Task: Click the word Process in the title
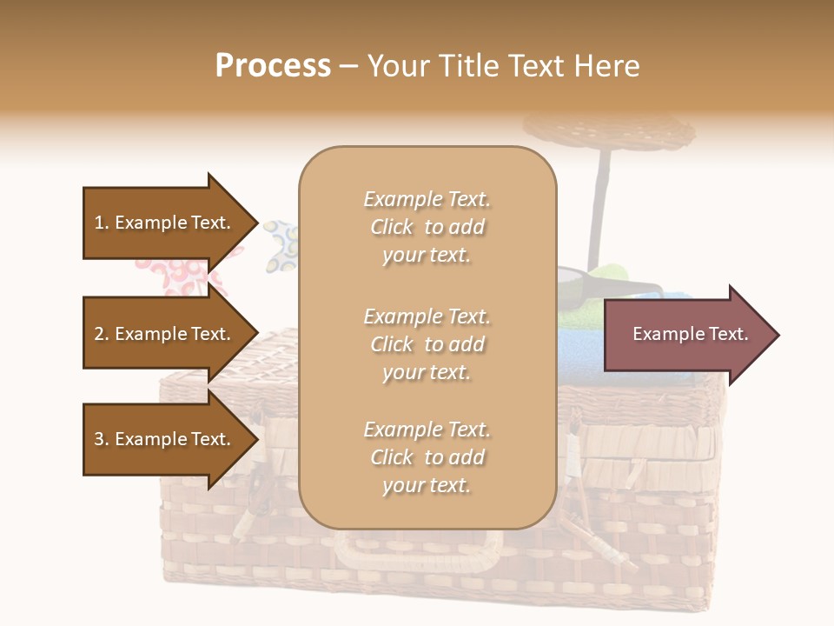coord(273,66)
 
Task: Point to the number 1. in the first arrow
coord(102,223)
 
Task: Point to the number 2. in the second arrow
coord(102,334)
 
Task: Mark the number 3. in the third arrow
coord(102,439)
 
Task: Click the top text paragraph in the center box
coord(427,227)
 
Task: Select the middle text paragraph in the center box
coord(427,344)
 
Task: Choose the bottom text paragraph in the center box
coord(427,457)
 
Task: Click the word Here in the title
coord(612,66)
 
